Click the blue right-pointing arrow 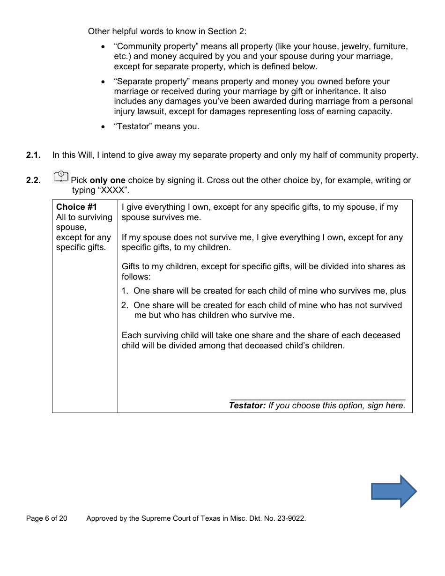394,491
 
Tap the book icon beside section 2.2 61,177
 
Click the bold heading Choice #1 76,207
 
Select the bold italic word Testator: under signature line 247,406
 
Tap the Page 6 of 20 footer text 46,518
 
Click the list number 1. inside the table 125,291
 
